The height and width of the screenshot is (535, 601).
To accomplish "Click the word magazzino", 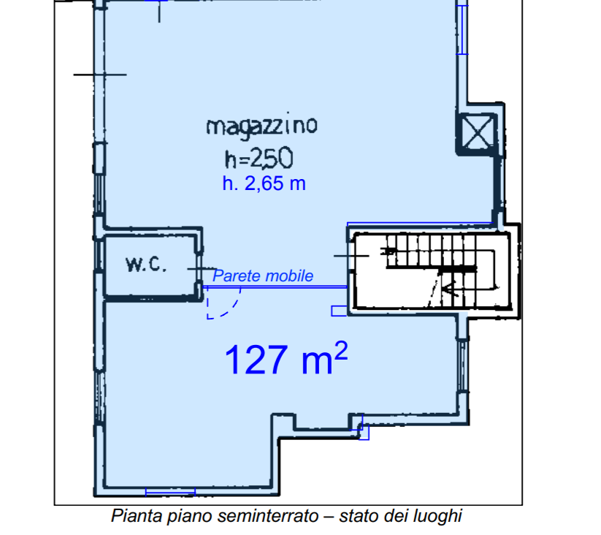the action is [262, 126].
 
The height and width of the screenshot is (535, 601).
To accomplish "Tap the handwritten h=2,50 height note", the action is [259, 158].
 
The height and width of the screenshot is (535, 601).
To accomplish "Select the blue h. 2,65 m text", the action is [264, 183].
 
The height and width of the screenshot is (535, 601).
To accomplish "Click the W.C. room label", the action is [146, 265].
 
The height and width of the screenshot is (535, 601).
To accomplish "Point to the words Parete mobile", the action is [263, 276].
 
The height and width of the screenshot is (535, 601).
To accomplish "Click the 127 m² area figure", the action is [286, 358].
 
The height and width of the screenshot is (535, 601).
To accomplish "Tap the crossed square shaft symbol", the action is [478, 133].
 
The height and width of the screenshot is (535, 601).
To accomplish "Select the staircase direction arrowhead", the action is [449, 289].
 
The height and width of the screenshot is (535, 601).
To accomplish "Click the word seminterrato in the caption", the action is [268, 516].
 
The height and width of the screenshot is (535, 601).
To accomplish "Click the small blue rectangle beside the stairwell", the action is [339, 311].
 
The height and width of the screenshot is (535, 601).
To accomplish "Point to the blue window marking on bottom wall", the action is [171, 492].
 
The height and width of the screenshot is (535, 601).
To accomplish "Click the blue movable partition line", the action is [275, 287].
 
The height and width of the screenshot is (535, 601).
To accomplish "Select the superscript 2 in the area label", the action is [341, 351].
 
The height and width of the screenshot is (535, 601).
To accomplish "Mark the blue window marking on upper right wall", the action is [462, 29].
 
